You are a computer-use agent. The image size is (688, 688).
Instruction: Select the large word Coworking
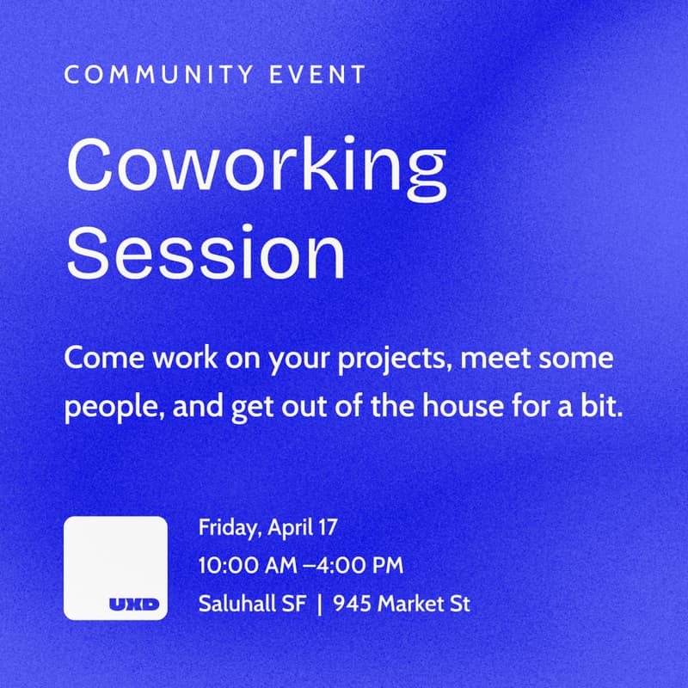click(256, 167)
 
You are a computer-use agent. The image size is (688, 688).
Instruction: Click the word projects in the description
click(400, 359)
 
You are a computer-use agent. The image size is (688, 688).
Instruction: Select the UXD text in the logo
click(134, 605)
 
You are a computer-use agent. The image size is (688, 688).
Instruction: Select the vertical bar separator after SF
click(319, 605)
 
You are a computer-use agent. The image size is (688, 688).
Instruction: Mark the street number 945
click(351, 604)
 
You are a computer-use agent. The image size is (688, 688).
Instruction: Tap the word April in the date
click(292, 527)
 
